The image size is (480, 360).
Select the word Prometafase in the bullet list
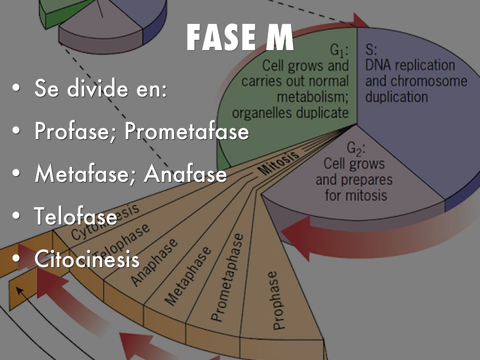(186, 132)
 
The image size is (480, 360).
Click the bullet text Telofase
(75, 217)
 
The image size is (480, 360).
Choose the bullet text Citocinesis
(87, 259)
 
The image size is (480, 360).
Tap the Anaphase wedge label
(154, 262)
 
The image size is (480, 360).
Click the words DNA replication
(403, 65)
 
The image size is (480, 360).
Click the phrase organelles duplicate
(290, 113)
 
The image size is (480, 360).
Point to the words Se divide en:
(100, 89)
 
